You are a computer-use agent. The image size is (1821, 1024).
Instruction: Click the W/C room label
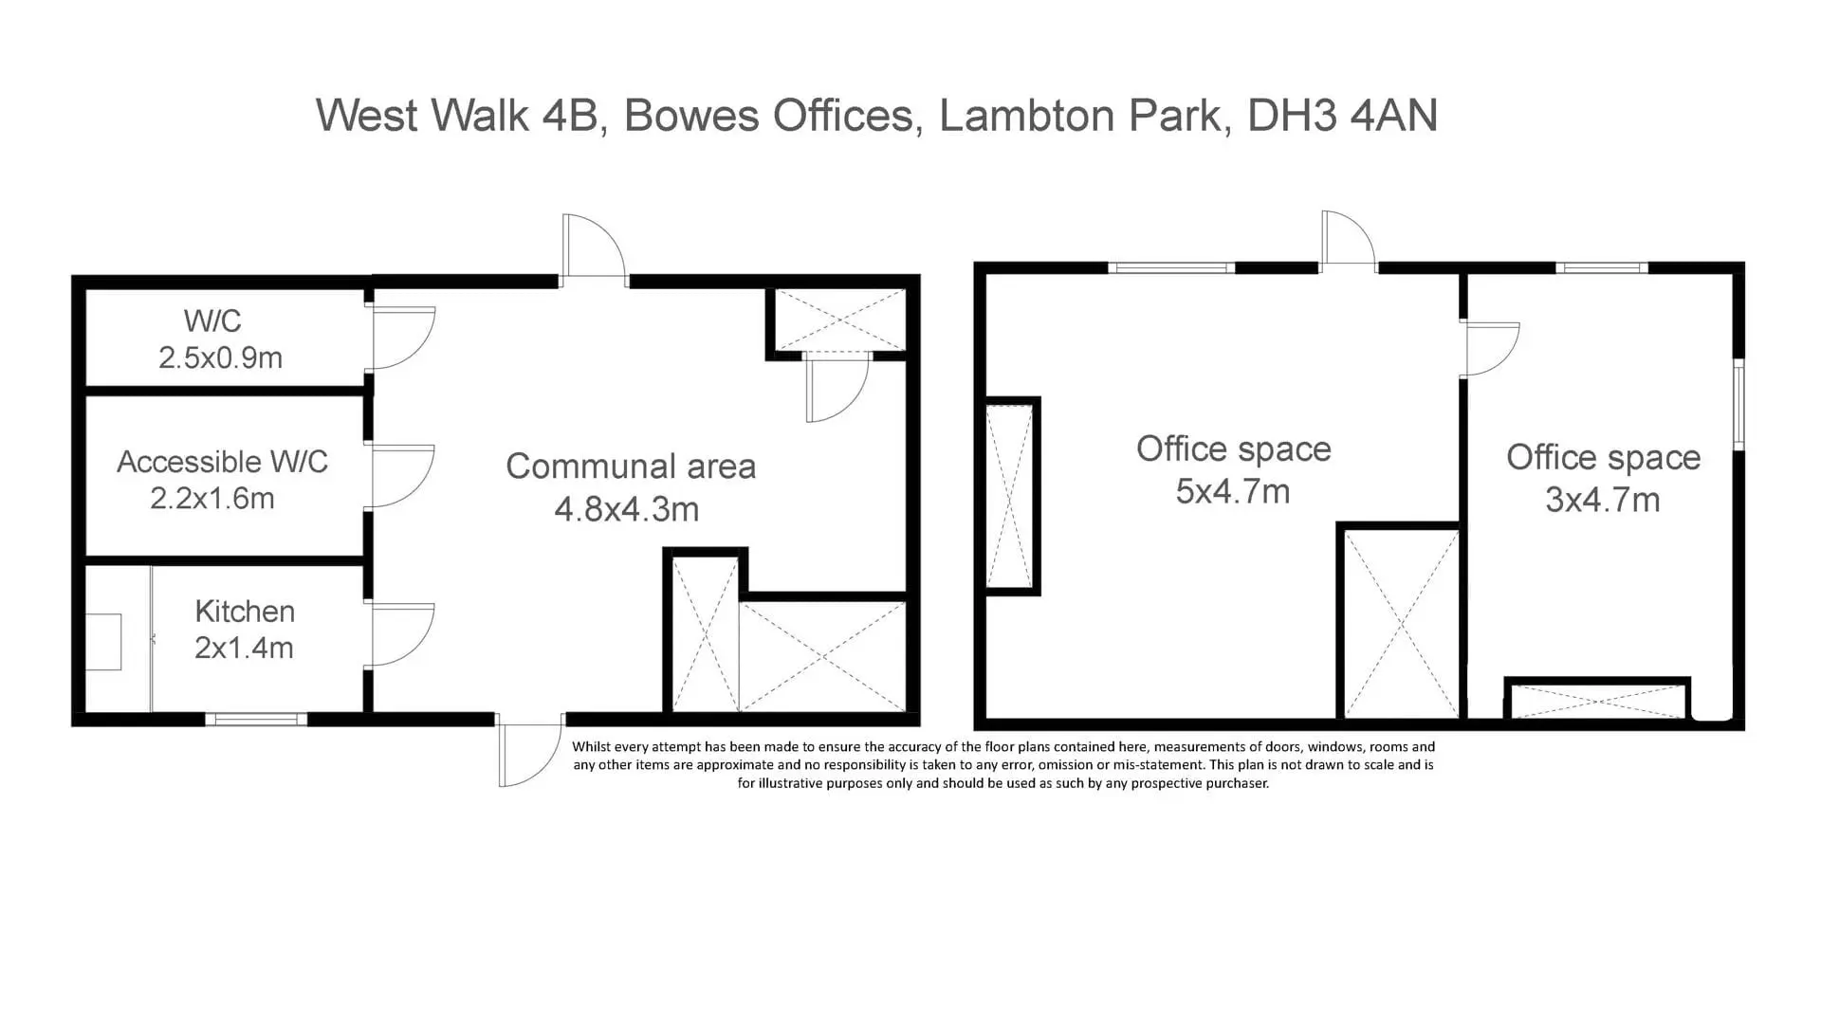[212, 320]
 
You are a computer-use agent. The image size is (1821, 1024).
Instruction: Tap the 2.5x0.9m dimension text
[220, 357]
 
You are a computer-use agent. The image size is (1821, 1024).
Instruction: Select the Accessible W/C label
[222, 462]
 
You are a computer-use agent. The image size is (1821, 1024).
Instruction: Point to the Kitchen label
[245, 612]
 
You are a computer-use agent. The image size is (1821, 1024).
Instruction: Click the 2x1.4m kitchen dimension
[244, 648]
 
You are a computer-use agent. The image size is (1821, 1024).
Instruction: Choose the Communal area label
[631, 466]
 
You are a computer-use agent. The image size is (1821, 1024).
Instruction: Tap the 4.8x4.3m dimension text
[627, 509]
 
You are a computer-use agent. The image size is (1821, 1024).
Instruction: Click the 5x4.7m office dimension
[1233, 491]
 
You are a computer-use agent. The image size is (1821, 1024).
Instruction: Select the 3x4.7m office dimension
[1603, 500]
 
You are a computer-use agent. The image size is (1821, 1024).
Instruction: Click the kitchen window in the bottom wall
[256, 720]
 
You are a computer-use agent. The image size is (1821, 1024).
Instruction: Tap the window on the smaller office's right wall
[1739, 404]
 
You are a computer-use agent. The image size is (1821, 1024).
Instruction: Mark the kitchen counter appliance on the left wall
[103, 642]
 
